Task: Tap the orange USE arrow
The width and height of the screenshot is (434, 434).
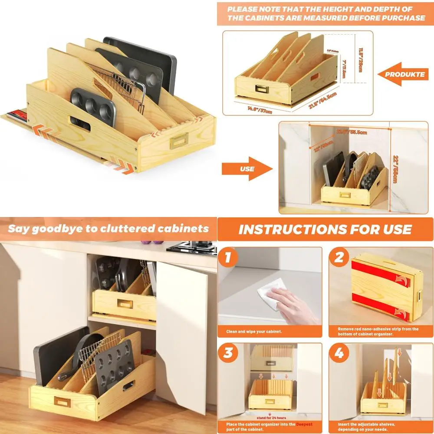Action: (245, 169)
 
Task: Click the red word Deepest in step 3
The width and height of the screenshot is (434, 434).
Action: (302, 424)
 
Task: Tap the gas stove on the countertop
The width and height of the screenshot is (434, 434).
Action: (191, 248)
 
